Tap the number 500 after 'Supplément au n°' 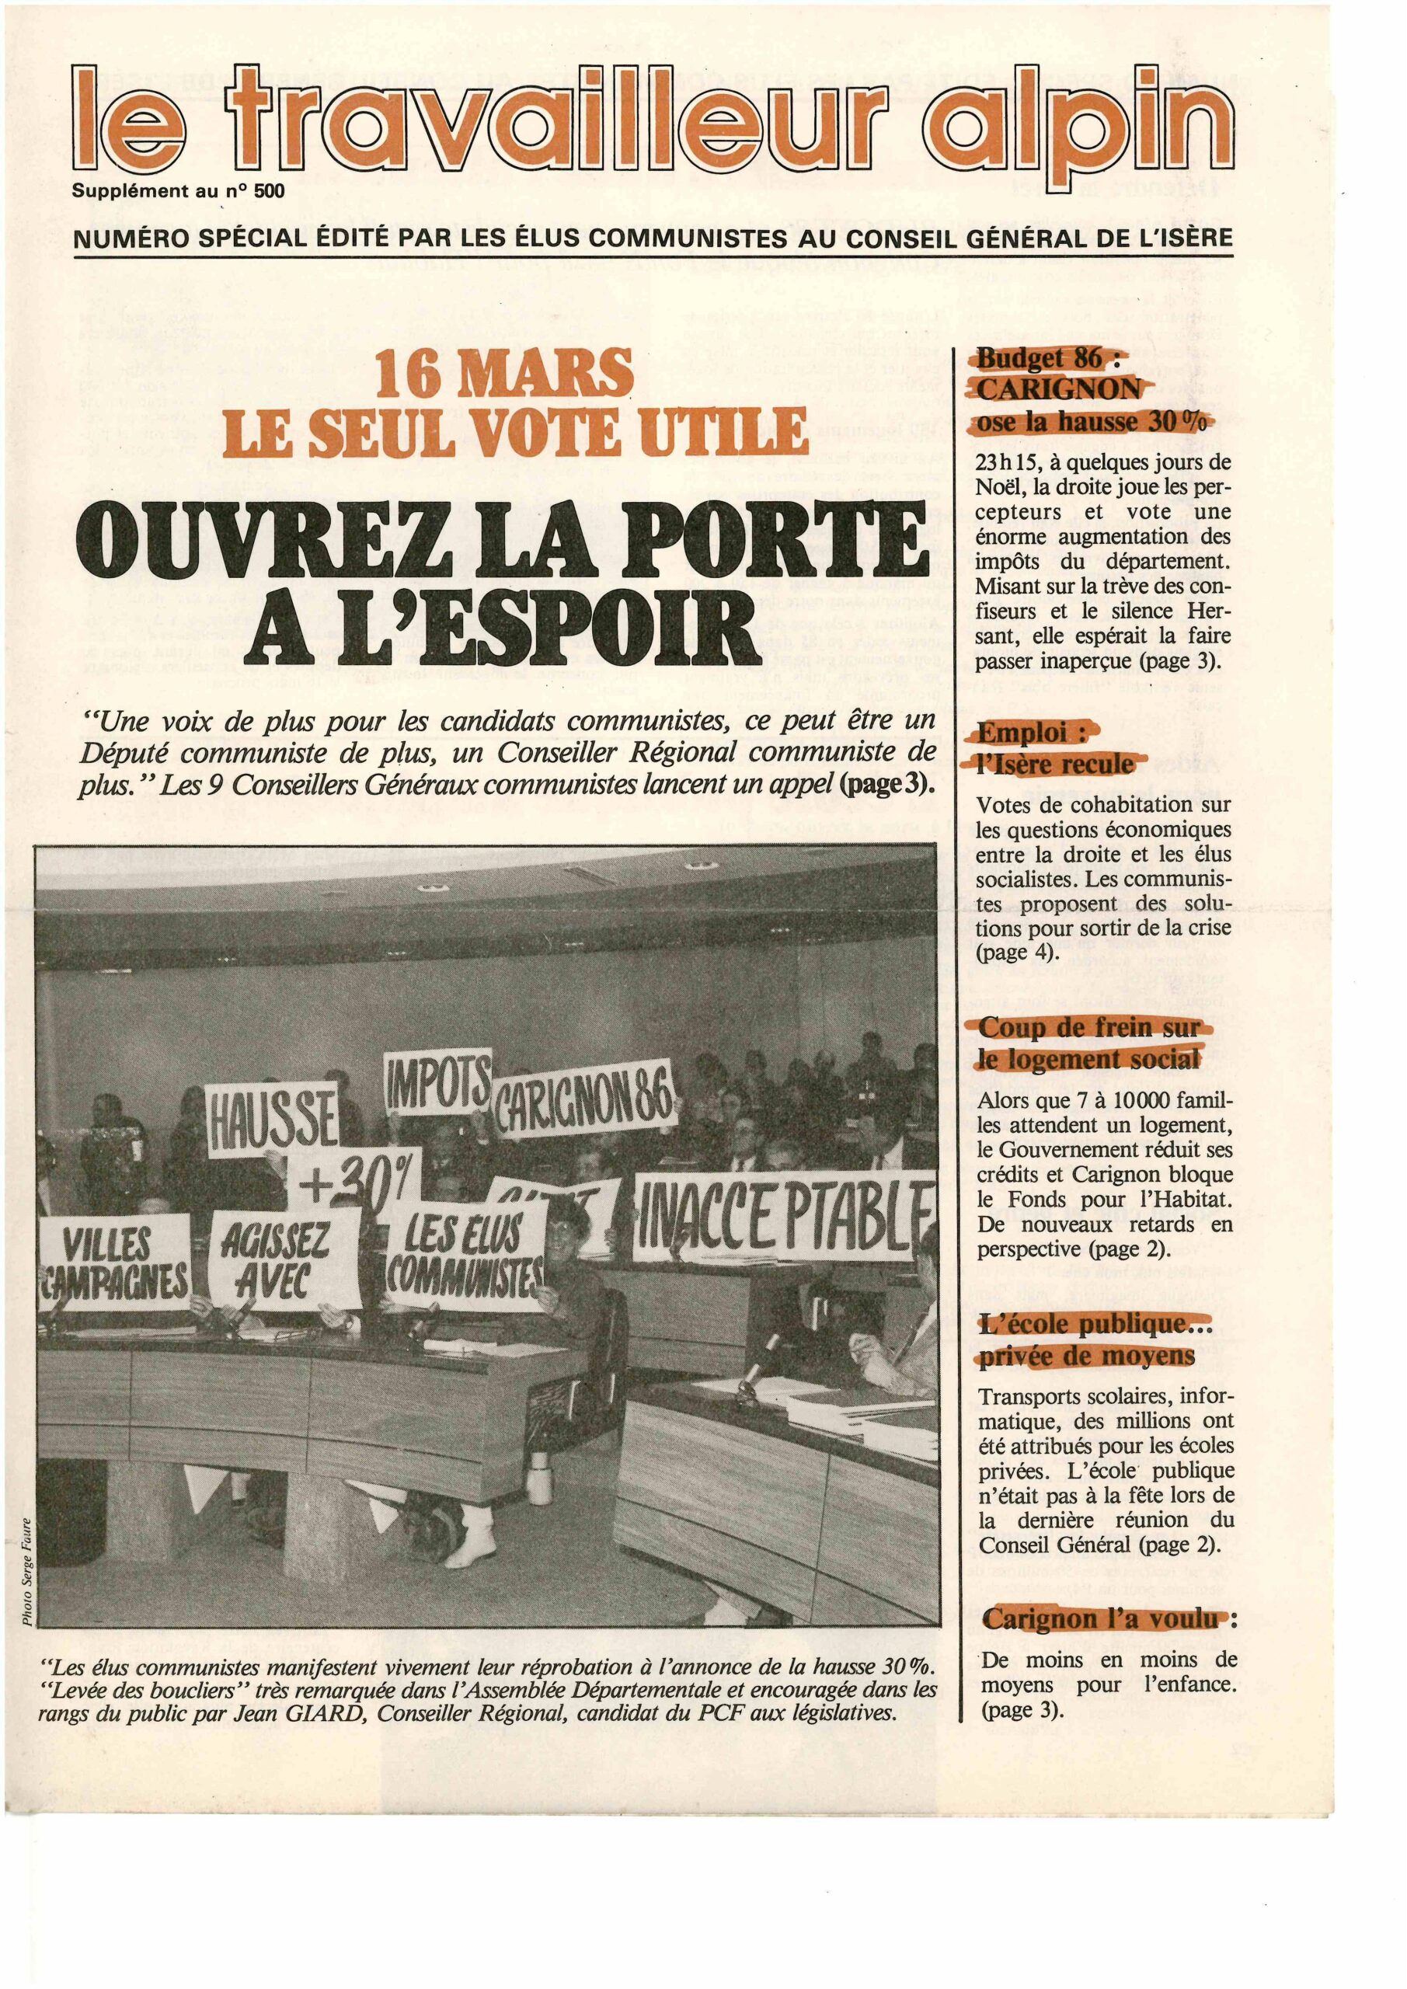click(269, 191)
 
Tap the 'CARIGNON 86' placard click(582, 1109)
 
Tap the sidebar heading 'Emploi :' click(1032, 733)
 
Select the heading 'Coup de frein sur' click(1089, 1028)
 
